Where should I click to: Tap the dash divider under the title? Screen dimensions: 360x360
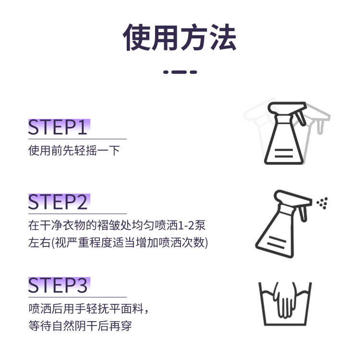180,72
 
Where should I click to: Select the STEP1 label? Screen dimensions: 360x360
58,128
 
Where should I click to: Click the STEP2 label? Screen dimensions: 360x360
58,202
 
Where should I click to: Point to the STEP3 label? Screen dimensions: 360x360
58,285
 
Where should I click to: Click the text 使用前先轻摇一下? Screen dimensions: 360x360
74,151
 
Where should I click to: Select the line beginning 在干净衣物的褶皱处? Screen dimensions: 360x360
117,225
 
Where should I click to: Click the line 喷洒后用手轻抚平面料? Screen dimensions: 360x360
89,308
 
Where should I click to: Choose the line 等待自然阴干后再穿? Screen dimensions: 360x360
80,326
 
